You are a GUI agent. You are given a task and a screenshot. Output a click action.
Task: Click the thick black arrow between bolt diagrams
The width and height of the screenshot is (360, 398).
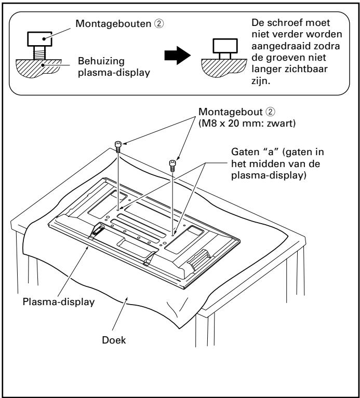click(177, 56)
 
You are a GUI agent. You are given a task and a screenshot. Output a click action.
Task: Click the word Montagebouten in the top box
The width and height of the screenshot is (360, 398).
click(113, 23)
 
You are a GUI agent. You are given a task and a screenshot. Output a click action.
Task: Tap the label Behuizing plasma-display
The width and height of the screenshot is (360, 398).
click(114, 67)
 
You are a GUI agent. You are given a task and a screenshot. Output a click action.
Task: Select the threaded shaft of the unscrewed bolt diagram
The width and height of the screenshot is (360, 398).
click(39, 53)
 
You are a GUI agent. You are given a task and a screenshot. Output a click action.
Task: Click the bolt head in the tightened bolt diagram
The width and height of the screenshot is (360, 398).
click(225, 46)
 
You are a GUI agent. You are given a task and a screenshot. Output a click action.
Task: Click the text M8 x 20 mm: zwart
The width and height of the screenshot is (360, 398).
click(247, 123)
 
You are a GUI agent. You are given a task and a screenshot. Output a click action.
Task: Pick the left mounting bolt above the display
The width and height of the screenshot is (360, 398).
click(118, 147)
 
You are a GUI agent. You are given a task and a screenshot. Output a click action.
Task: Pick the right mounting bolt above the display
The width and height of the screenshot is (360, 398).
click(172, 166)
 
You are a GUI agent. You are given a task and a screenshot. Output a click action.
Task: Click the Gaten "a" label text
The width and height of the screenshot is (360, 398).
click(277, 164)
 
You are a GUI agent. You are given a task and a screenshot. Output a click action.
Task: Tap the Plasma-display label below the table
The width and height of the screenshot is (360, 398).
click(58, 302)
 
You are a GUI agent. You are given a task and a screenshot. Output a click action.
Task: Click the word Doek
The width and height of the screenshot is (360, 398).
click(114, 340)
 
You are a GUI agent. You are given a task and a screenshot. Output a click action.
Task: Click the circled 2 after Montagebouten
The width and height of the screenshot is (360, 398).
click(159, 23)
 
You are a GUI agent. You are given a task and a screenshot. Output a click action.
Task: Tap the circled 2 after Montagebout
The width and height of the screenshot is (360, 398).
click(270, 112)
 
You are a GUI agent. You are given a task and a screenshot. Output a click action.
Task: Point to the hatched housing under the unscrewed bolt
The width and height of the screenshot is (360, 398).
click(38, 68)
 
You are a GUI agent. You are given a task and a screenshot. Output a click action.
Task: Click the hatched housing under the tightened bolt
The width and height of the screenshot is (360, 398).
click(223, 67)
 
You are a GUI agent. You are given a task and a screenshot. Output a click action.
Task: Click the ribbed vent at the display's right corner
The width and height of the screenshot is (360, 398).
click(199, 259)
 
